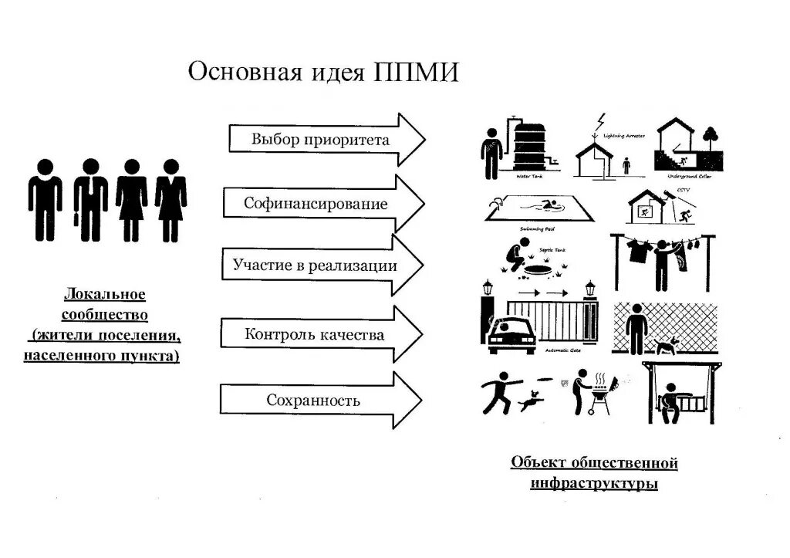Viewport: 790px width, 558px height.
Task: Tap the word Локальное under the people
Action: pyautogui.click(x=105, y=296)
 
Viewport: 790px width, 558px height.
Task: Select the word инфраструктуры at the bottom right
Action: pyautogui.click(x=594, y=485)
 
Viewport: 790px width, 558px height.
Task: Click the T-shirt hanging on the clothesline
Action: pyautogui.click(x=636, y=249)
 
